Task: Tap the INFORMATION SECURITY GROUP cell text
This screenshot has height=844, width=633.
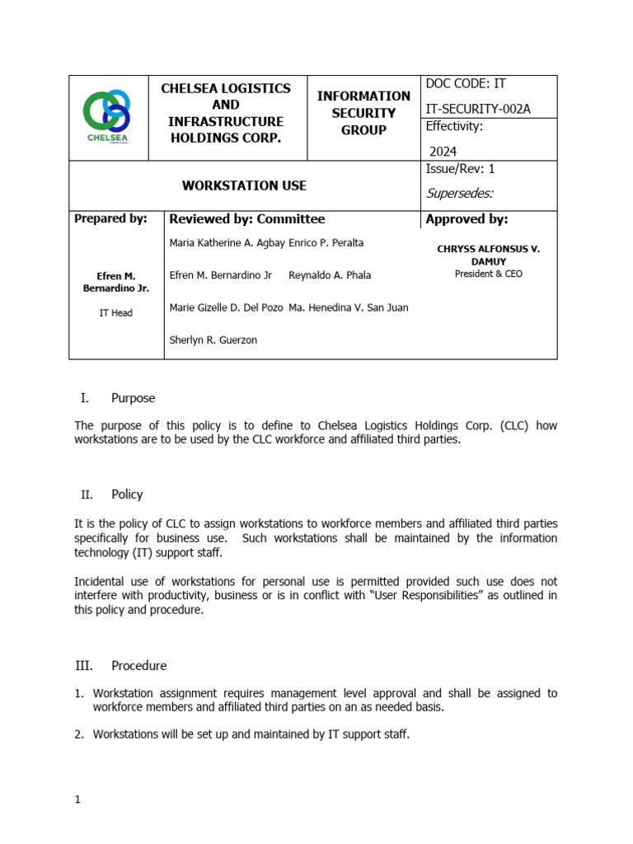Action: tap(363, 113)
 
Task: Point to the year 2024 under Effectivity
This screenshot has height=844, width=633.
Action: tap(443, 151)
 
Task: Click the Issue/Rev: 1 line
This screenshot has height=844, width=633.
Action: tap(460, 169)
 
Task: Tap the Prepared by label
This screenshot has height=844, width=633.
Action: tap(110, 219)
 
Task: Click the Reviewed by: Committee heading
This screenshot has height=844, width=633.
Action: tap(246, 219)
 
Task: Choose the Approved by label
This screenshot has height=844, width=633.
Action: tap(467, 219)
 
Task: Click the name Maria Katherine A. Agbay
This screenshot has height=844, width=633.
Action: tap(227, 243)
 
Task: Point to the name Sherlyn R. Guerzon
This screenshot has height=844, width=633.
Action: tap(213, 340)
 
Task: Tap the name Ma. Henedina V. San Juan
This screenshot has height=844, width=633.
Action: tap(348, 307)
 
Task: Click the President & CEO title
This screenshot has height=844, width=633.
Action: tap(488, 274)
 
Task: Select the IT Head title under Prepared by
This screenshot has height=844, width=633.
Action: tap(116, 313)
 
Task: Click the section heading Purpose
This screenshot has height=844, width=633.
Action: tap(133, 398)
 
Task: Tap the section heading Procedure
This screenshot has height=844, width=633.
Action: tap(138, 665)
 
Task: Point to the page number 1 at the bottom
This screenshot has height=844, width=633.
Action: tap(77, 799)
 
